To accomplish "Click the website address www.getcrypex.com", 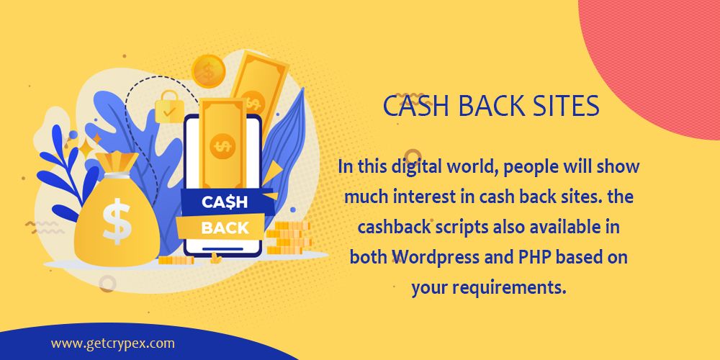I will coord(112,343).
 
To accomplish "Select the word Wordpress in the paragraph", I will coord(432,258).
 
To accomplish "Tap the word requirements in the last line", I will coord(498,288).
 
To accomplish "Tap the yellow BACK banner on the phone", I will coord(225,228).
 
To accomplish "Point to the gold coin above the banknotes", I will coord(209,71).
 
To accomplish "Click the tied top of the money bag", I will coord(115,162).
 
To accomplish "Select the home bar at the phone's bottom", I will coord(225,249).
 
